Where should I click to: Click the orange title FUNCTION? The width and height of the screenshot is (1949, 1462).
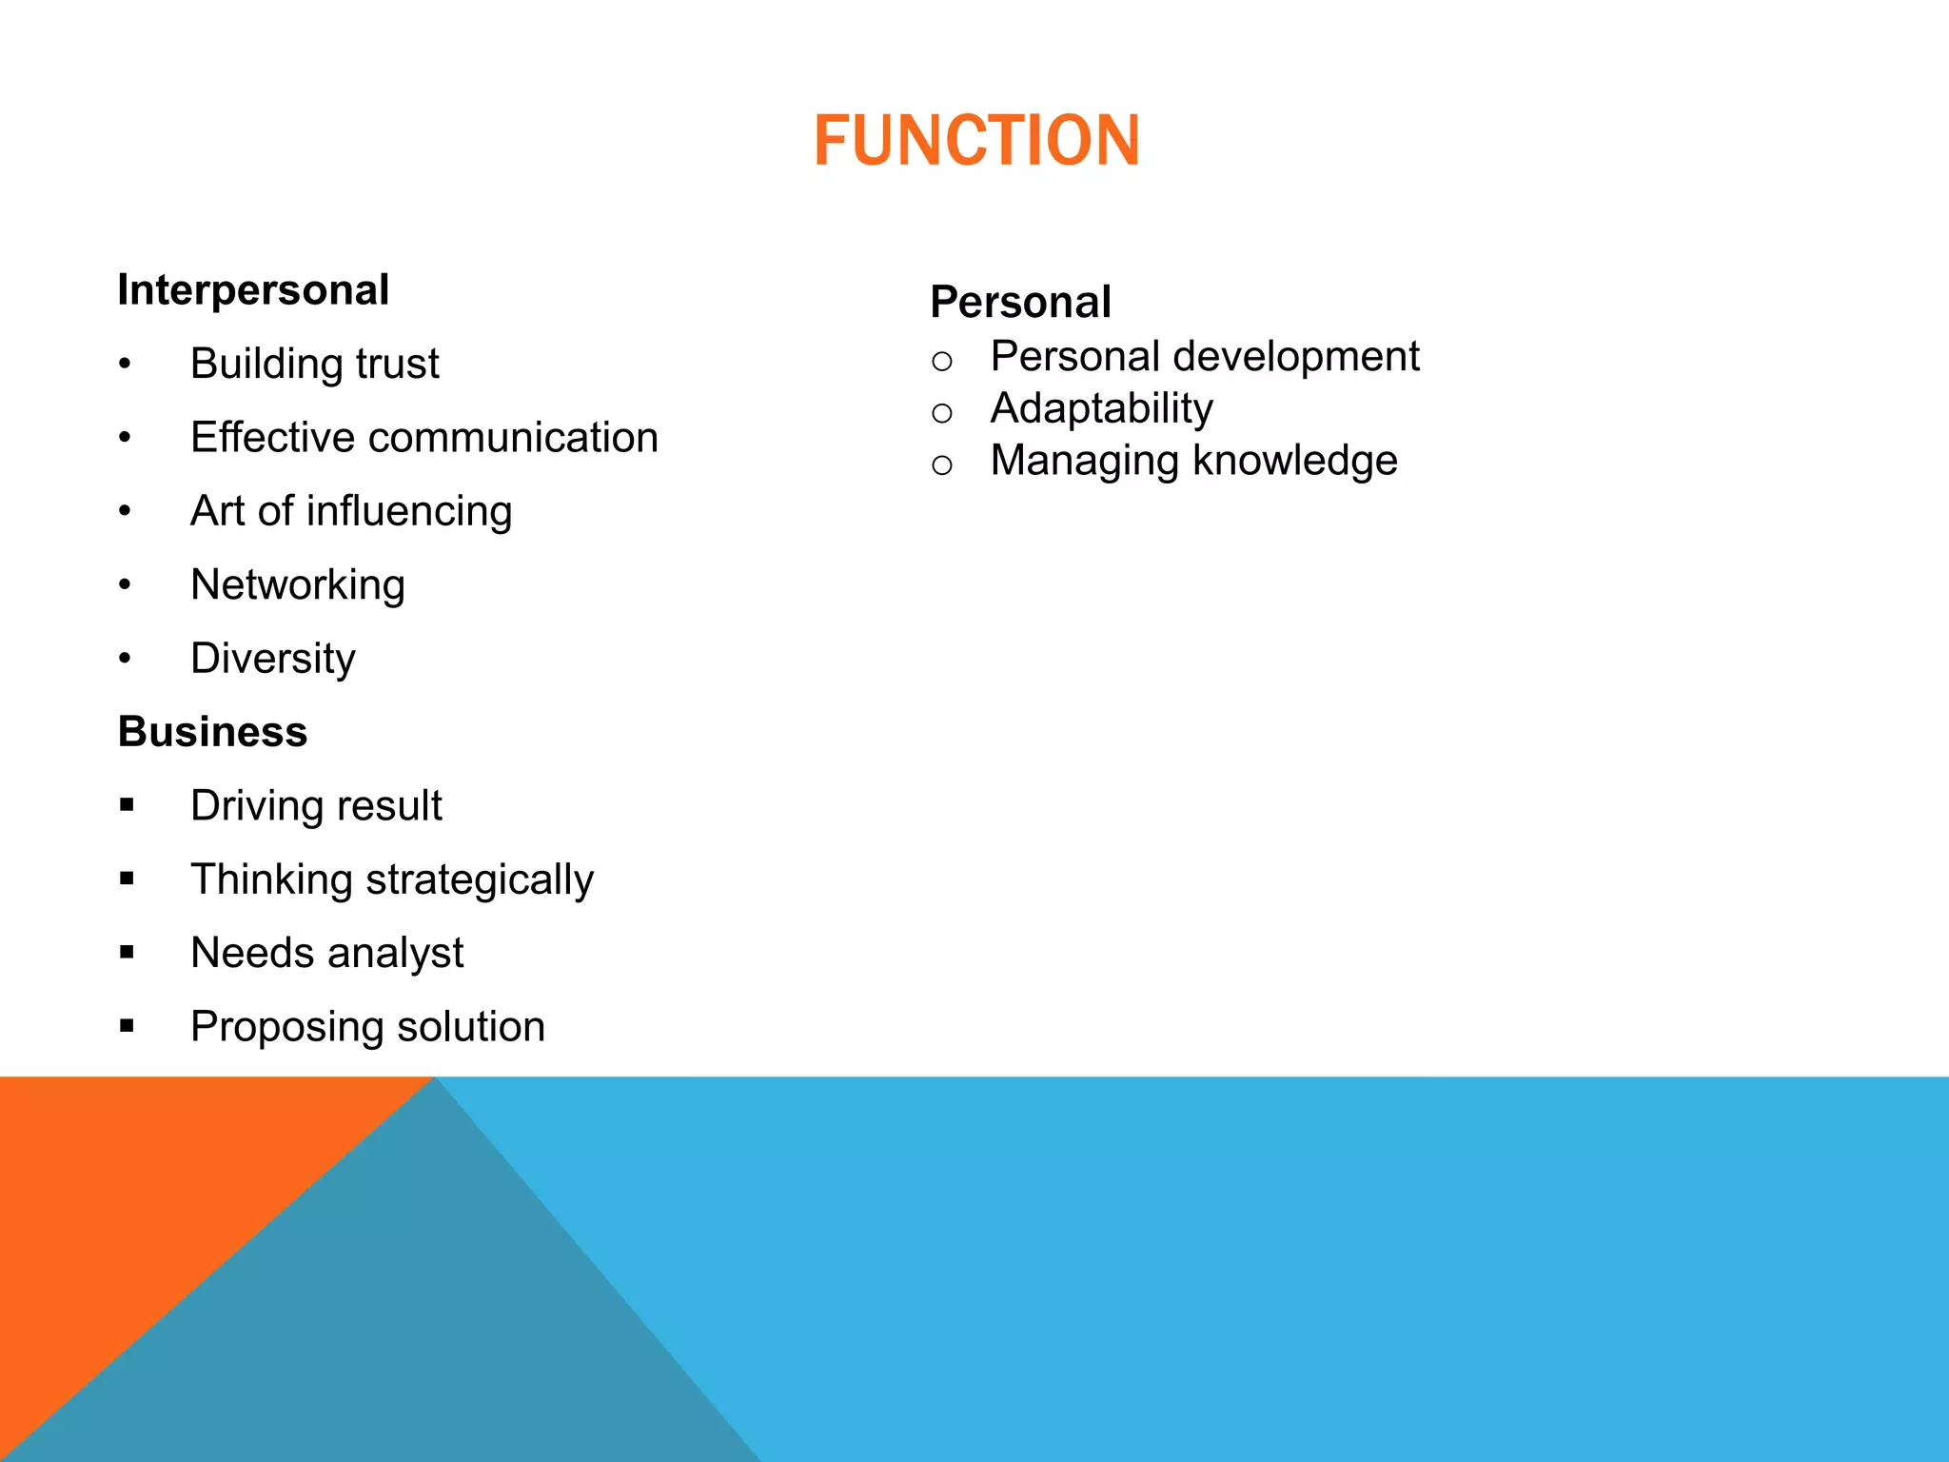[976, 141]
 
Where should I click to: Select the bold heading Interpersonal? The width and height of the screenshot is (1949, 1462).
[253, 290]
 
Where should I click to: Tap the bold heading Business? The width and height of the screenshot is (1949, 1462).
[212, 732]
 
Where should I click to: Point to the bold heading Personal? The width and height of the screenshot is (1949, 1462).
[1020, 303]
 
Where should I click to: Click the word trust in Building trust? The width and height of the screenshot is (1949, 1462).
[397, 364]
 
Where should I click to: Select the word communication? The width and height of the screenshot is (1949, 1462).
[513, 438]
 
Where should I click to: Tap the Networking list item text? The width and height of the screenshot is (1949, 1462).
[298, 584]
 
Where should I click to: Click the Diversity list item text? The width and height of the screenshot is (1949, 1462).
[273, 659]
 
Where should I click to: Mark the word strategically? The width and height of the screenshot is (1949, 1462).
[480, 880]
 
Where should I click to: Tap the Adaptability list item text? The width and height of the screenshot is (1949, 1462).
[1101, 409]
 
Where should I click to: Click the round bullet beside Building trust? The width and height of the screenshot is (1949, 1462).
[125, 365]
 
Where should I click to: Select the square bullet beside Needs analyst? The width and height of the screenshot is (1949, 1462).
[127, 952]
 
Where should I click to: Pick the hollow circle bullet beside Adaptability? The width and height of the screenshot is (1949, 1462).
[942, 413]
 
